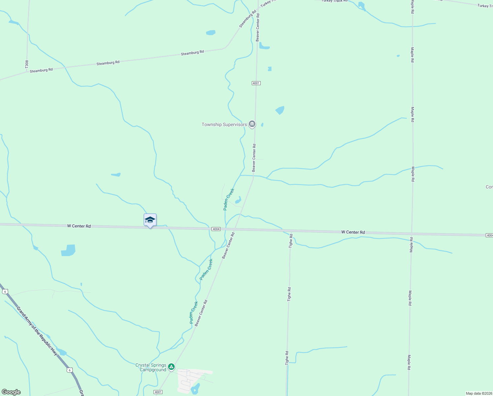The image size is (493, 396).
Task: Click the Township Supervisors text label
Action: pyautogui.click(x=224, y=124)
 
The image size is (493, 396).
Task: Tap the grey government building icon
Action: pyautogui.click(x=252, y=124)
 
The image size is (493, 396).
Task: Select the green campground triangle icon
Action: pyautogui.click(x=171, y=367)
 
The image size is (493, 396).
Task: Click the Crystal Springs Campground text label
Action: pyautogui.click(x=151, y=367)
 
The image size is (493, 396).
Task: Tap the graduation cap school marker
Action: pyautogui.click(x=150, y=220)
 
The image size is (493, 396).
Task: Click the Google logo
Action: pyautogui.click(x=11, y=392)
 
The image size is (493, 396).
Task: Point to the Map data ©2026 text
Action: pyautogui.click(x=479, y=393)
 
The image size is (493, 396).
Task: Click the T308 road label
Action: pyautogui.click(x=27, y=64)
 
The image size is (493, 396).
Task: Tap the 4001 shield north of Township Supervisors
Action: pyautogui.click(x=256, y=83)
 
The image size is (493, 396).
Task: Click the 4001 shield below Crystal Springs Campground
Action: pyautogui.click(x=158, y=392)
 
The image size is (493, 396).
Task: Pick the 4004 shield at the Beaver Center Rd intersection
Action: pyautogui.click(x=216, y=229)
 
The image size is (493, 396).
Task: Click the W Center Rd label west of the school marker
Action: pyautogui.click(x=79, y=226)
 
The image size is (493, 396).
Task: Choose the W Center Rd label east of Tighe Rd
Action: pyautogui.click(x=353, y=232)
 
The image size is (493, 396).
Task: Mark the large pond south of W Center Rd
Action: pyautogui.click(x=69, y=250)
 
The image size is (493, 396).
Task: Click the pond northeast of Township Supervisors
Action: pyautogui.click(x=280, y=110)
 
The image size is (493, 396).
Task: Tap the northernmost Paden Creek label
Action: pyautogui.click(x=228, y=199)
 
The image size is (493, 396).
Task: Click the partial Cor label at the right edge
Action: pyautogui.click(x=489, y=187)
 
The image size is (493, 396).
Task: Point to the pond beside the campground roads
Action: pyautogui.click(x=195, y=389)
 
